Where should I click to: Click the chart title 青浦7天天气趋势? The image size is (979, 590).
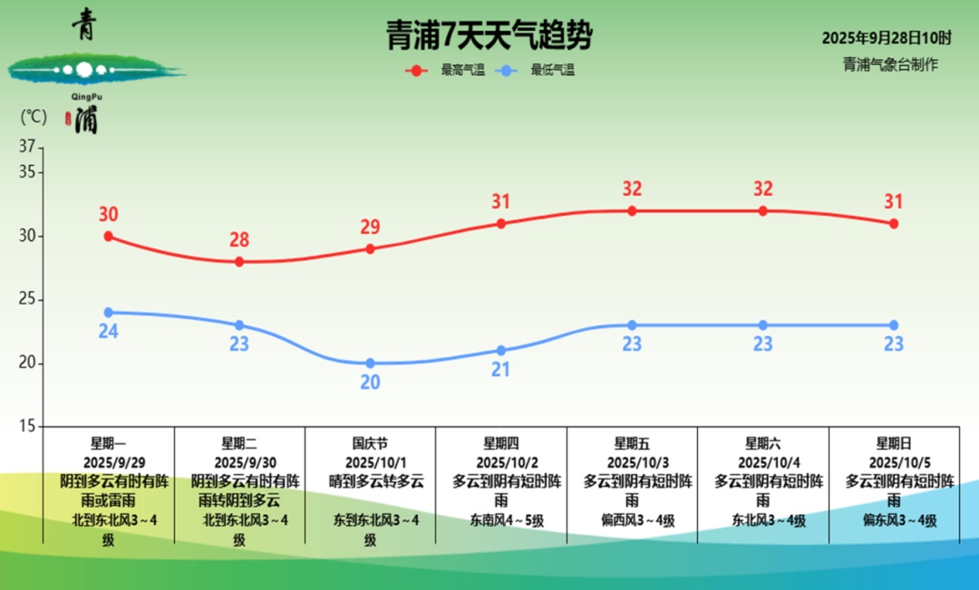(489, 35)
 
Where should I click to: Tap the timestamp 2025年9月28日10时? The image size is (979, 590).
(887, 38)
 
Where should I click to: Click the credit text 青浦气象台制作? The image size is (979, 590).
(890, 64)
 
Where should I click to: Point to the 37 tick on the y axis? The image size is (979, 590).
(26, 146)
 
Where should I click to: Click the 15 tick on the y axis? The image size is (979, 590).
(26, 426)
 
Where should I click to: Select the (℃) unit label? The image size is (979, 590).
(33, 117)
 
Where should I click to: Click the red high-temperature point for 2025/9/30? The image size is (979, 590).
(239, 261)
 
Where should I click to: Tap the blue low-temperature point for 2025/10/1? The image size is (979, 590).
(370, 363)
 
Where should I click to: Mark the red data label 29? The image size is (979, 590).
(370, 227)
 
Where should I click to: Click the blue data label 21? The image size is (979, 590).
(501, 370)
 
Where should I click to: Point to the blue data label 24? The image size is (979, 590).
(108, 332)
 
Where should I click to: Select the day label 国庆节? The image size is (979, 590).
(370, 444)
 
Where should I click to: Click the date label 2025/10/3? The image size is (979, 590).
(632, 462)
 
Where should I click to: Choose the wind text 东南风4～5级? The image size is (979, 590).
(501, 520)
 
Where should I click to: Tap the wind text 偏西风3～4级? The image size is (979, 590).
(632, 520)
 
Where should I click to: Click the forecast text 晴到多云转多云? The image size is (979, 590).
(370, 481)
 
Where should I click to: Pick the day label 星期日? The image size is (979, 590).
(894, 444)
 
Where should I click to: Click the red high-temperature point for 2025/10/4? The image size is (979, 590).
(763, 210)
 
